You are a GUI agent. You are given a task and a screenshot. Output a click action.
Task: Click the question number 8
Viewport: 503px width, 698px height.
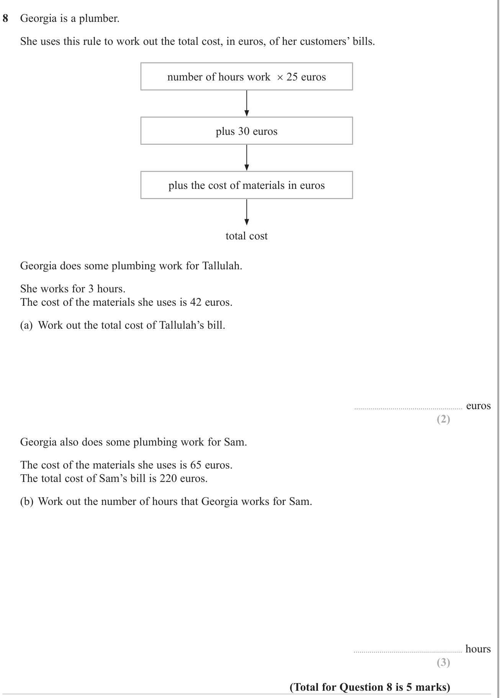[5, 18]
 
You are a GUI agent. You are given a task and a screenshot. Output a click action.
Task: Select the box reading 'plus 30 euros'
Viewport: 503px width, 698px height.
[247, 131]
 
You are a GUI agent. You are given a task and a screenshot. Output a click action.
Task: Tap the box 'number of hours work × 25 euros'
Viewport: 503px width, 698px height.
[247, 77]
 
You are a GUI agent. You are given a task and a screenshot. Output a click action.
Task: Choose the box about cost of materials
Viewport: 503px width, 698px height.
[247, 185]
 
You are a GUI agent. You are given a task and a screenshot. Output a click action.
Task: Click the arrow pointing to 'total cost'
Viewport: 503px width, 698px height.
[247, 212]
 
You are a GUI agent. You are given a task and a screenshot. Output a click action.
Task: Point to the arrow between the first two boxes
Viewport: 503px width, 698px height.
[247, 103]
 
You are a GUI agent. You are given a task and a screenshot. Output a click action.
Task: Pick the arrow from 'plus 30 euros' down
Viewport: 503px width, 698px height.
[247, 158]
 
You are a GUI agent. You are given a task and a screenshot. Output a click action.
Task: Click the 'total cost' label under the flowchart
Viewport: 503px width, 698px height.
[247, 236]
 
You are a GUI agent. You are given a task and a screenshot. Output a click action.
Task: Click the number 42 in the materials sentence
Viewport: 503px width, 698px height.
[196, 302]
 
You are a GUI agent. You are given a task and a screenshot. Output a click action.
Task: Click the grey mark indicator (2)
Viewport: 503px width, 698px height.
[444, 419]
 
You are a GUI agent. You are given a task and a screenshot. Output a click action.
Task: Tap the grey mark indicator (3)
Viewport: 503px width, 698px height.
[444, 663]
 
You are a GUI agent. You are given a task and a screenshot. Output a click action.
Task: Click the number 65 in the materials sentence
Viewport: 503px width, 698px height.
[196, 465]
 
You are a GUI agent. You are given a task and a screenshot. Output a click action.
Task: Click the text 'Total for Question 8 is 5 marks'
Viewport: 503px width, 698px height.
[370, 687]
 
